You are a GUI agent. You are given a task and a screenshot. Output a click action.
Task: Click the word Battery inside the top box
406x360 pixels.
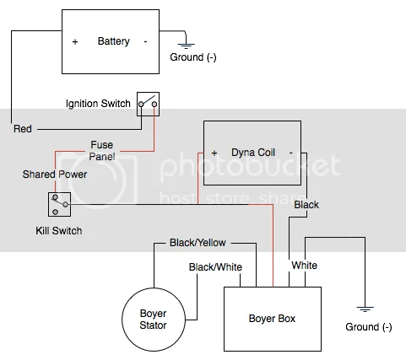click(114, 41)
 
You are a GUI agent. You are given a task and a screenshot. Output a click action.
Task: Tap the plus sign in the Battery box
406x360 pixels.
click(75, 41)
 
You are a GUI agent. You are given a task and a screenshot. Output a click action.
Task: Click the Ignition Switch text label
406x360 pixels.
click(98, 105)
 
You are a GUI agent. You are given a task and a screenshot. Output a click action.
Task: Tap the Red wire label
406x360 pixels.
click(24, 129)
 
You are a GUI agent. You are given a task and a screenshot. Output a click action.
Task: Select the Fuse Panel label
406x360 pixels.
click(101, 151)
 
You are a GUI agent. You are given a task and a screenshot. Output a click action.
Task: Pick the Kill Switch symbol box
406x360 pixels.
click(59, 203)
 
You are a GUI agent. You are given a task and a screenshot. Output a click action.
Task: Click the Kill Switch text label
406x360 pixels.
click(58, 229)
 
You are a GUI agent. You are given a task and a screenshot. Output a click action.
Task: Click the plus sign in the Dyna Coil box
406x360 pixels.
click(214, 153)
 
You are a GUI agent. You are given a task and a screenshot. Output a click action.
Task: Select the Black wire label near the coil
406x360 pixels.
click(306, 205)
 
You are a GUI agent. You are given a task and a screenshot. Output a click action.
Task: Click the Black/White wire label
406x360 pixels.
click(216, 267)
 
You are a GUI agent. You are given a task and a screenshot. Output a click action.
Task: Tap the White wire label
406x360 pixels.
click(304, 266)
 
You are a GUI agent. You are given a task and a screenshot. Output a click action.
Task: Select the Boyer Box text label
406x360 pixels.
click(272, 320)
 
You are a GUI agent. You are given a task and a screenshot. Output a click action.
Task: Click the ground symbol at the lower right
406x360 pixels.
click(364, 309)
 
